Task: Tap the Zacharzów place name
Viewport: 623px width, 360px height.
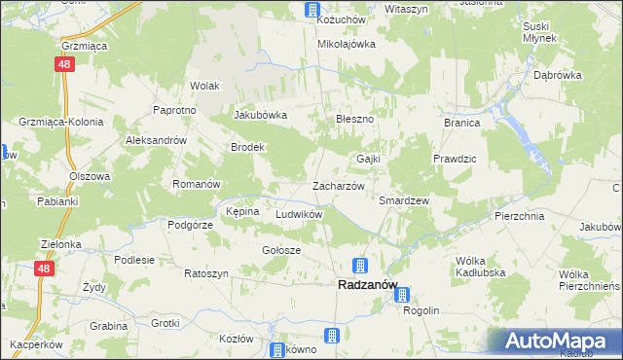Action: point(338,185)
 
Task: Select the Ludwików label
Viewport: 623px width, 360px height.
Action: point(299,213)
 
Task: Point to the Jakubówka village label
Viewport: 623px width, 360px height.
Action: point(260,115)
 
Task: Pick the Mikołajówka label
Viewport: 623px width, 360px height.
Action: point(347,44)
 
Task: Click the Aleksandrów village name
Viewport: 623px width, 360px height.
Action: point(156,140)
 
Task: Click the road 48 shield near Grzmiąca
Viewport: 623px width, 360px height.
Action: point(61,64)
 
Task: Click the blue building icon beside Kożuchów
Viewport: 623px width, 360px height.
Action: point(311,11)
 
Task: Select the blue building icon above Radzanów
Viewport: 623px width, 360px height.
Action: point(359,265)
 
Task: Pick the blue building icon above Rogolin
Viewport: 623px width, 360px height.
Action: point(402,294)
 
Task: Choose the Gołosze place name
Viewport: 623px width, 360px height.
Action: point(281,250)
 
